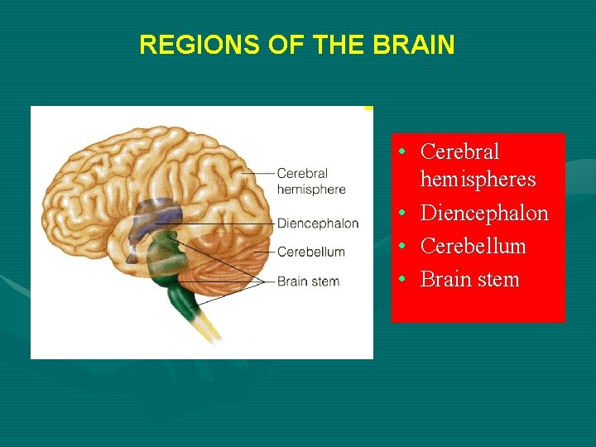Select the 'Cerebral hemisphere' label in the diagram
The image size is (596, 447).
coord(310,180)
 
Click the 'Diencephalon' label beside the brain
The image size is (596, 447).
coord(317,223)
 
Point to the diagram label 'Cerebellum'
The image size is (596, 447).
coord(310,252)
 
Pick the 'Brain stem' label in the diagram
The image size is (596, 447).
coord(308,281)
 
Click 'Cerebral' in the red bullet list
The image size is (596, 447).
coord(459,151)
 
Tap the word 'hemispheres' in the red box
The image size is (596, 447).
coord(478,180)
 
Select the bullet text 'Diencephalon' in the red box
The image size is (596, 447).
coord(484,213)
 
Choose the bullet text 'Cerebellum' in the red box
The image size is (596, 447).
coord(473,246)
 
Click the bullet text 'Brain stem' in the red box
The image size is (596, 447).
coord(469,279)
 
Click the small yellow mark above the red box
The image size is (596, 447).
coord(368,108)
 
